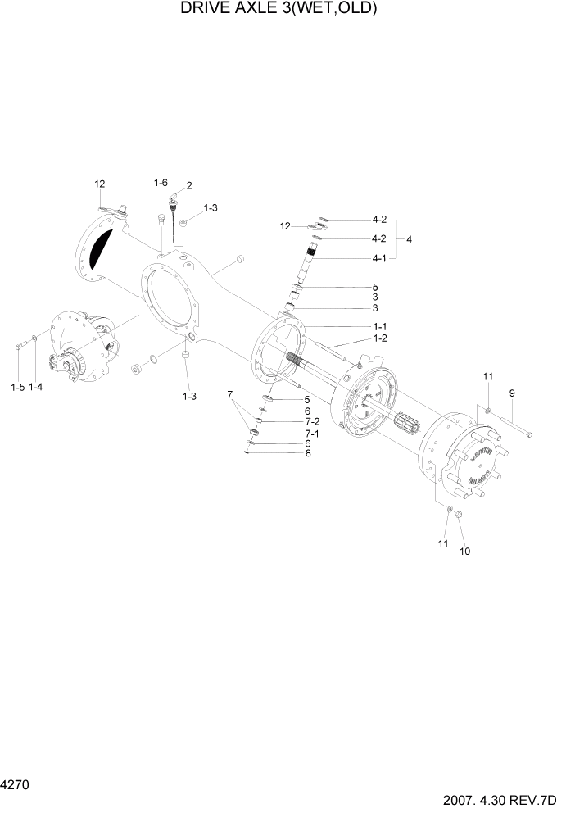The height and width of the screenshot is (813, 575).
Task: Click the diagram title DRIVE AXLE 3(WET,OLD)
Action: coord(278,10)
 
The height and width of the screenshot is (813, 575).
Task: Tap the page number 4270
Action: coord(15,786)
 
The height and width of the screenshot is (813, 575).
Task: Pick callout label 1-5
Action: coord(17,386)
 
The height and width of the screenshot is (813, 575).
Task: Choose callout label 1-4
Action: coord(36,386)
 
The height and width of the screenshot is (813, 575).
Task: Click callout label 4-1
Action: coord(379,258)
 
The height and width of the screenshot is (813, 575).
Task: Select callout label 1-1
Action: coord(380,327)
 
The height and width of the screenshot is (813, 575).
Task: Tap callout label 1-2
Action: coord(380,338)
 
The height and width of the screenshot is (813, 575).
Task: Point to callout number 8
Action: coord(308,453)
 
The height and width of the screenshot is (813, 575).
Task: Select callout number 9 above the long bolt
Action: coord(512,393)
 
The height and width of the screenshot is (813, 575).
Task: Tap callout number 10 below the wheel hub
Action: coord(465,551)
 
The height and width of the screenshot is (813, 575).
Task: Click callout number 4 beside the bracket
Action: coord(410,239)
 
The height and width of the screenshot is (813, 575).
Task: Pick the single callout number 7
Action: coord(231,395)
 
